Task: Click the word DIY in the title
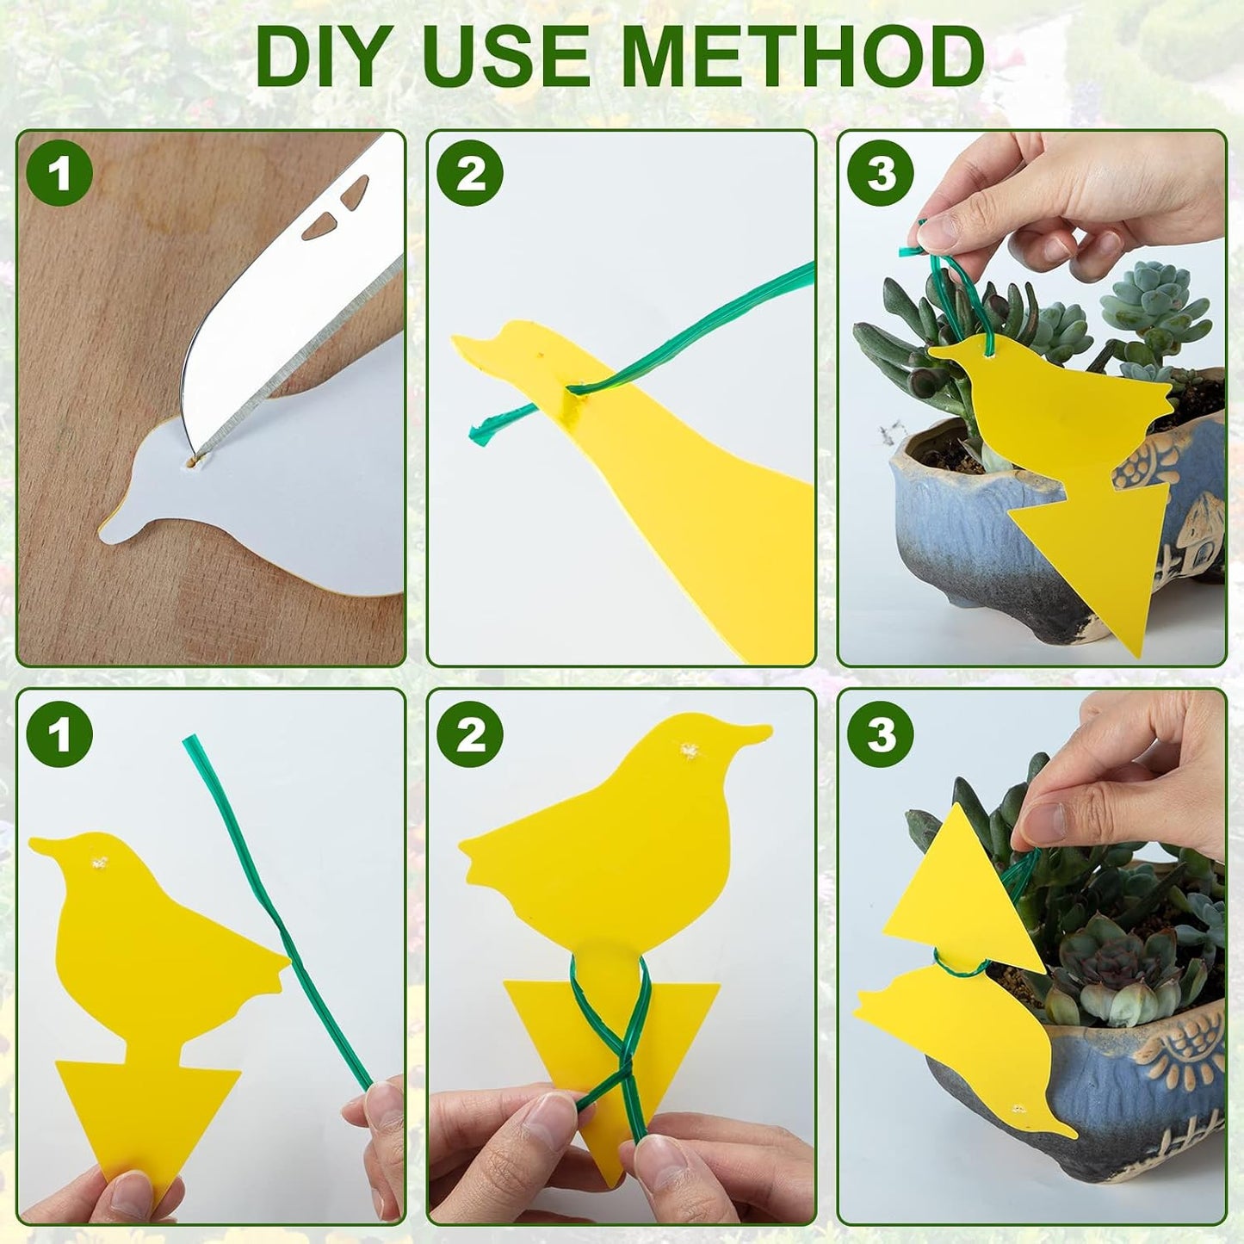click(325, 57)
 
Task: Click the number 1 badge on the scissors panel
click(60, 173)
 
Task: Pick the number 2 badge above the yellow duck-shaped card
click(470, 173)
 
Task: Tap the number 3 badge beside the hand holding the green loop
click(881, 173)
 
